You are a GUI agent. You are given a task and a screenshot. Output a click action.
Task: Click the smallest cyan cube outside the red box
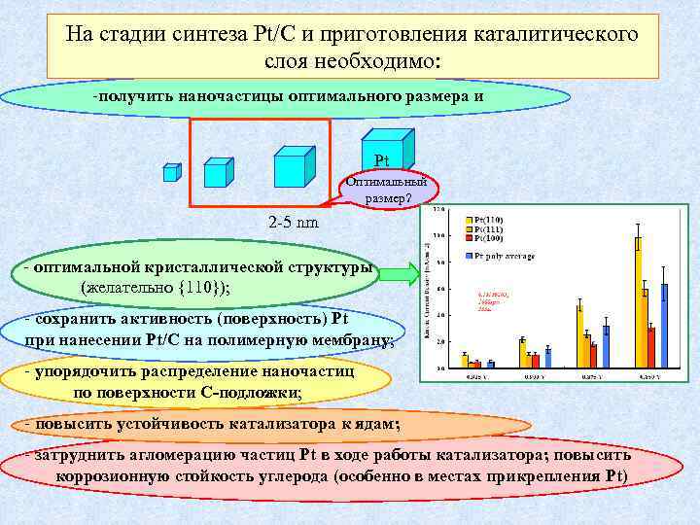point(171,172)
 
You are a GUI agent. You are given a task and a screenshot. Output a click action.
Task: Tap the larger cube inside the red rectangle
point(294,166)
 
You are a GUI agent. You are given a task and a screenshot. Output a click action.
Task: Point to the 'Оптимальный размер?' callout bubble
point(388,190)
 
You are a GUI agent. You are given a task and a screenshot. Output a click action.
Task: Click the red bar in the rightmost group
point(650,346)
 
